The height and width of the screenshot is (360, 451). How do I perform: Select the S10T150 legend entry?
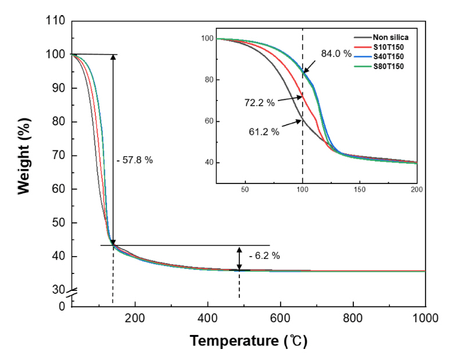[386, 47]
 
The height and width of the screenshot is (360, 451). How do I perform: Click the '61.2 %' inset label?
[263, 132]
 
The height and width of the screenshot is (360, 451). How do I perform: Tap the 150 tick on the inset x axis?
[359, 189]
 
